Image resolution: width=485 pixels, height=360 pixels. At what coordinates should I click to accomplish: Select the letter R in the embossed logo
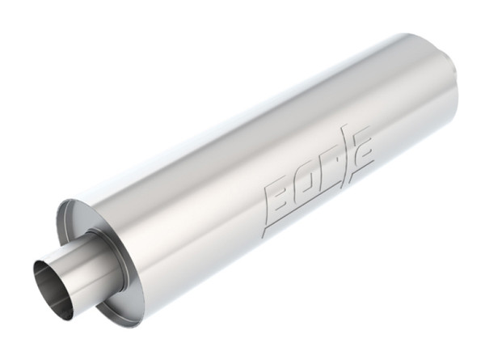tap(325, 173)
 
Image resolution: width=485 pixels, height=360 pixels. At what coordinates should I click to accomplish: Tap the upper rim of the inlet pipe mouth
tap(44, 262)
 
